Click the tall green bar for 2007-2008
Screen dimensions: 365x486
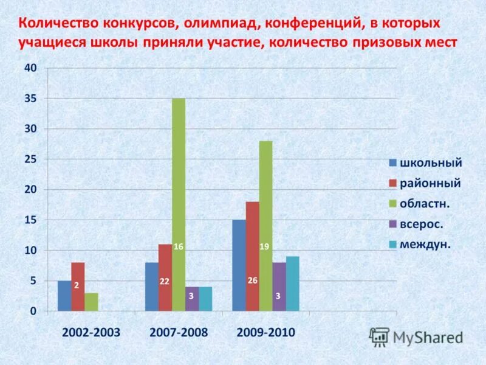179,182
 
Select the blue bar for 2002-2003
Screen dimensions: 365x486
64,296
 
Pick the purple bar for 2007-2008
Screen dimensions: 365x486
192,299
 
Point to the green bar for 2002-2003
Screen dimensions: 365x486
91,302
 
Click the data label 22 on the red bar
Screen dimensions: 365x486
165,281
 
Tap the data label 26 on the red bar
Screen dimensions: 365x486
253,280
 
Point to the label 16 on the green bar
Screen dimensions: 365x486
179,246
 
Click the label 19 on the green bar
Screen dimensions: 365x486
265,246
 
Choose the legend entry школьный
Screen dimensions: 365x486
431,162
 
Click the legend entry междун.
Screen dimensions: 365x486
428,245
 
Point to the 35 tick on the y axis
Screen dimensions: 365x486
30,99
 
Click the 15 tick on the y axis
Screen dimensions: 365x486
30,220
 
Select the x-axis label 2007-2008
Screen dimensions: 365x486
178,333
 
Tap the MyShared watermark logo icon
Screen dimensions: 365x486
380,336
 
